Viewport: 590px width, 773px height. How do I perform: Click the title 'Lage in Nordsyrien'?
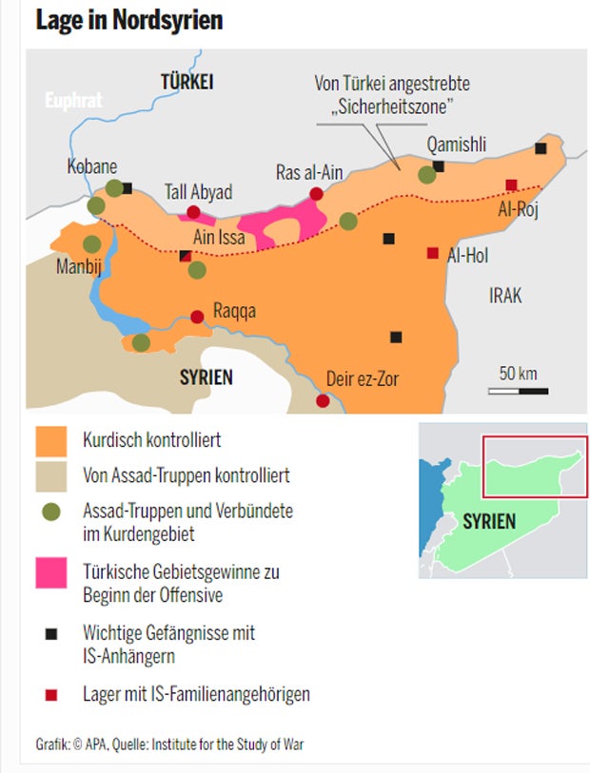(x=128, y=20)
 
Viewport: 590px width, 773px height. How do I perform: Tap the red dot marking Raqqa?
(x=197, y=317)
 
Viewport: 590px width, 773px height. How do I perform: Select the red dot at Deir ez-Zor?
(x=323, y=401)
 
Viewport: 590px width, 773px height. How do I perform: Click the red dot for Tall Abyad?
(x=194, y=213)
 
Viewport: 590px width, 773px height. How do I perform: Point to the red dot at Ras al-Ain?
(x=317, y=194)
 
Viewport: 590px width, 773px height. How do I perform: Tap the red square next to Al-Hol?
(x=433, y=253)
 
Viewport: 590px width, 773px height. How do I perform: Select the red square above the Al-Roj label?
(x=511, y=184)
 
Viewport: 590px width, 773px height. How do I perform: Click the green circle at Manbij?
(x=91, y=244)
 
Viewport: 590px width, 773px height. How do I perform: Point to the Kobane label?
(x=92, y=165)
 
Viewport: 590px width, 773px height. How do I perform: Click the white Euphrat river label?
(x=73, y=99)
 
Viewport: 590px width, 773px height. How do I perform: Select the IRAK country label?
(x=505, y=296)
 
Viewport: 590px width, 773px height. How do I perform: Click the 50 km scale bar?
(x=519, y=390)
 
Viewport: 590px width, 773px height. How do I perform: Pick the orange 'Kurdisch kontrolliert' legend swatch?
(x=50, y=441)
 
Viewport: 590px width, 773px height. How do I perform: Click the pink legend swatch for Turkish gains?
(x=50, y=573)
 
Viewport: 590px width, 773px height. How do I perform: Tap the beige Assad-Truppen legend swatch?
(x=50, y=474)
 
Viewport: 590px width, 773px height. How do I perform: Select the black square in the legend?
(x=51, y=632)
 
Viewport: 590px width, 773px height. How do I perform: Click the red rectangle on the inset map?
(x=534, y=466)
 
